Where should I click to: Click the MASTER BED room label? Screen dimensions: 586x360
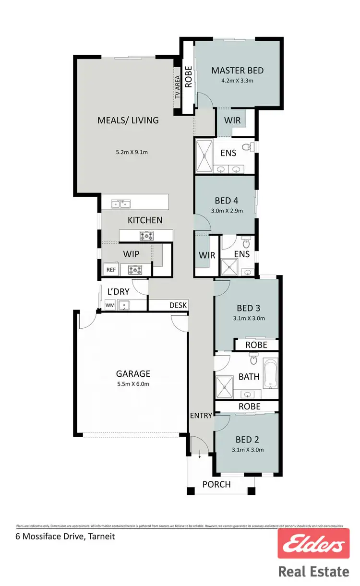tap(237, 71)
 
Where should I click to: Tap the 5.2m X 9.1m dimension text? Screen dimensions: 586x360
tap(132, 152)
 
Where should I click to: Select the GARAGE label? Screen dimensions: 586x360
tap(133, 373)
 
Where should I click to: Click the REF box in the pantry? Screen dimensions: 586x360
tap(111, 270)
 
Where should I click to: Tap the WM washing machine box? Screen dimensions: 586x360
tap(110, 305)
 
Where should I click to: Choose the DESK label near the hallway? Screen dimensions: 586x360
tap(178, 305)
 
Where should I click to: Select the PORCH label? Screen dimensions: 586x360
tap(216, 484)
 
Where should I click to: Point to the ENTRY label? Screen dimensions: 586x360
tap(201, 415)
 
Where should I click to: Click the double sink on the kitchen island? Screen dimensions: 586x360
tap(120, 204)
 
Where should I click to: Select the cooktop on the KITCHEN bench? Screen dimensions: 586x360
tap(146, 236)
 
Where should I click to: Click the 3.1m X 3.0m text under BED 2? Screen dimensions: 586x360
tap(248, 450)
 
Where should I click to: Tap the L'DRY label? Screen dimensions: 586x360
tap(118, 291)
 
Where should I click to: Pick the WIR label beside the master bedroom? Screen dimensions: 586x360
tap(232, 120)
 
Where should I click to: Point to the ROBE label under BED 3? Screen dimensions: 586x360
tap(256, 345)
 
